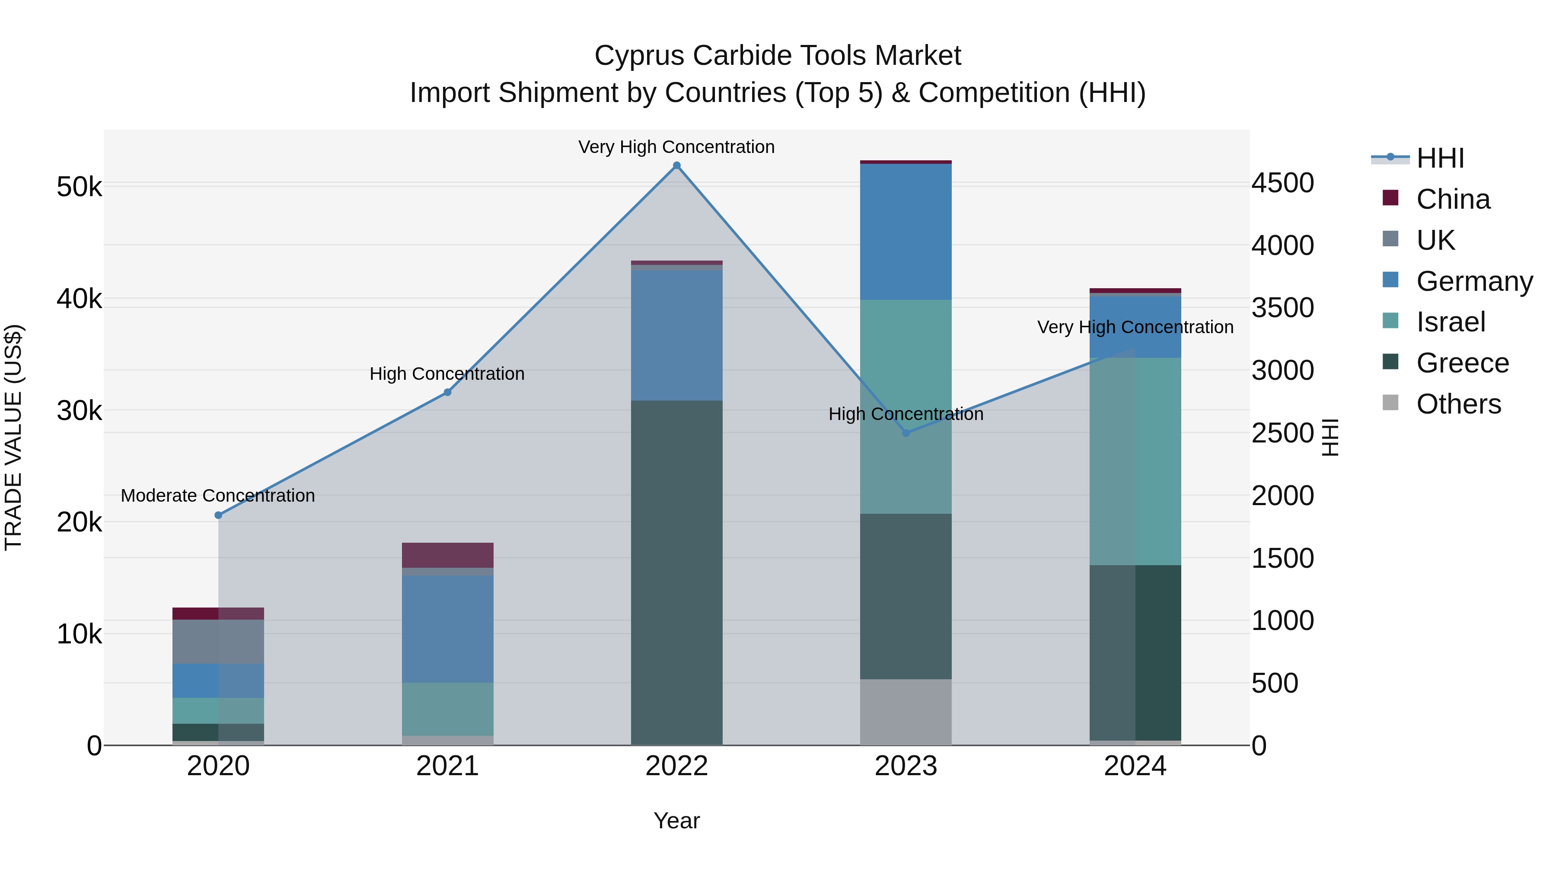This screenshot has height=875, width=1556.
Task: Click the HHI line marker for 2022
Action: tap(676, 165)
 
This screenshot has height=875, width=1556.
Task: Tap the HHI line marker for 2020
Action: tap(219, 515)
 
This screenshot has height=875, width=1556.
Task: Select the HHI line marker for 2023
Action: tap(906, 433)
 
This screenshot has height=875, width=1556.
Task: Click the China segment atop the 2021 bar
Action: tap(448, 554)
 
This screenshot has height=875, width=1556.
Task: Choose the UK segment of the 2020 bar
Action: tap(219, 641)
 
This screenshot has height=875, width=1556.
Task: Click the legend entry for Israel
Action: tap(1450, 322)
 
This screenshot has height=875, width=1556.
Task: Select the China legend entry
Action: tap(1452, 199)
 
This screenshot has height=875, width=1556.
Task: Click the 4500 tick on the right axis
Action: tap(1282, 183)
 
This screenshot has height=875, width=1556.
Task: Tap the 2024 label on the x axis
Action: tap(1135, 766)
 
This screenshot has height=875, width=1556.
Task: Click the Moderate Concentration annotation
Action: tap(218, 495)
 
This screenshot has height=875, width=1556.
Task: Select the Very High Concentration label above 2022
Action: tap(676, 147)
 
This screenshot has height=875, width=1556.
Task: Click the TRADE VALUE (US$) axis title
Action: tap(13, 437)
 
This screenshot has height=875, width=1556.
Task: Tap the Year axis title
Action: tap(676, 821)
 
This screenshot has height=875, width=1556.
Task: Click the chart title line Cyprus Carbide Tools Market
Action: tap(778, 56)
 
